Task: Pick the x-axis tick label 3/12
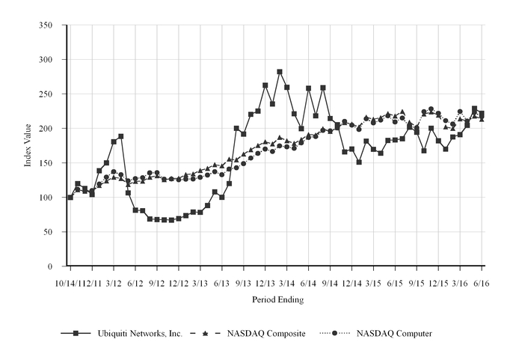pos(114,284)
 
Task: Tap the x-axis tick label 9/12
pos(157,284)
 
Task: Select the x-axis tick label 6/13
pos(222,284)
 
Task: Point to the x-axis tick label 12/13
pos(265,284)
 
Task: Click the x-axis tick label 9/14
pos(330,284)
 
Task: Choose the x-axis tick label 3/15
pos(373,284)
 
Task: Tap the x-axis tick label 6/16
pos(482,284)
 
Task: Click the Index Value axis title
pos(28,145)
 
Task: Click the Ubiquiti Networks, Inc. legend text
pos(141,332)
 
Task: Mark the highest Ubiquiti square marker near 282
pos(280,72)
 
